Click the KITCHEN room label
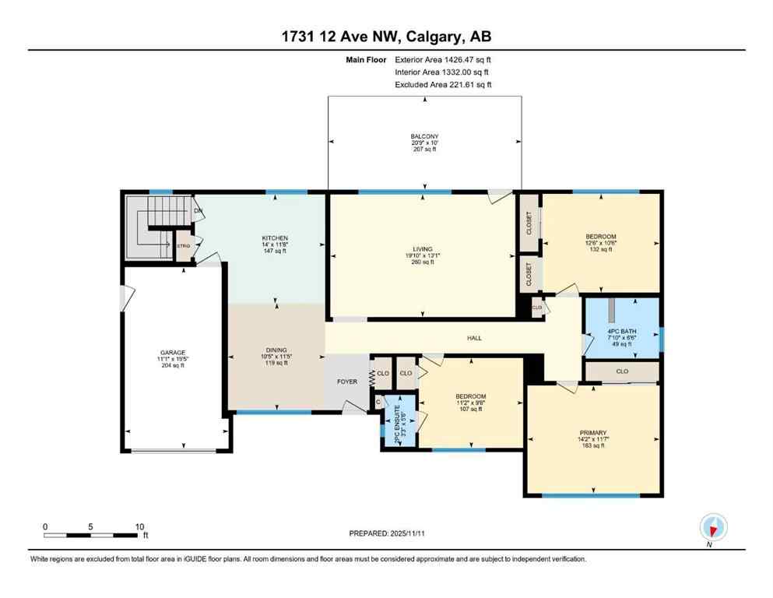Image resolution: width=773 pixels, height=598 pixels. tap(275, 238)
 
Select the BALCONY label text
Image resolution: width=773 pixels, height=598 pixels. tap(424, 136)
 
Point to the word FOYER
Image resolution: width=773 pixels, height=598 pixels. tap(346, 382)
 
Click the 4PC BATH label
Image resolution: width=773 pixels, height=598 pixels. tap(622, 331)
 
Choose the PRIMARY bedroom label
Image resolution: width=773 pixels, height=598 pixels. tap(592, 432)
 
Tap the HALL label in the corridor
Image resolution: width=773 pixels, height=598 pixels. tap(474, 338)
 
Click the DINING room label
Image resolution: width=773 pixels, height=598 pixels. tap(275, 350)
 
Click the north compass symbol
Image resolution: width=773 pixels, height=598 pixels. tap(713, 527)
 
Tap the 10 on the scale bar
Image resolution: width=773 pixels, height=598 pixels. tap(139, 526)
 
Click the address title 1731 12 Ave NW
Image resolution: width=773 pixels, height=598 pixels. tap(386, 37)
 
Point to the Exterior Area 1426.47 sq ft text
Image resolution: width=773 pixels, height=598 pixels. tap(443, 58)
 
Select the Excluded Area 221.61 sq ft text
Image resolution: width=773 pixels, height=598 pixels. tap(443, 85)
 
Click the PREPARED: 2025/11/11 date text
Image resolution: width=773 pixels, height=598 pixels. tap(387, 533)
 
